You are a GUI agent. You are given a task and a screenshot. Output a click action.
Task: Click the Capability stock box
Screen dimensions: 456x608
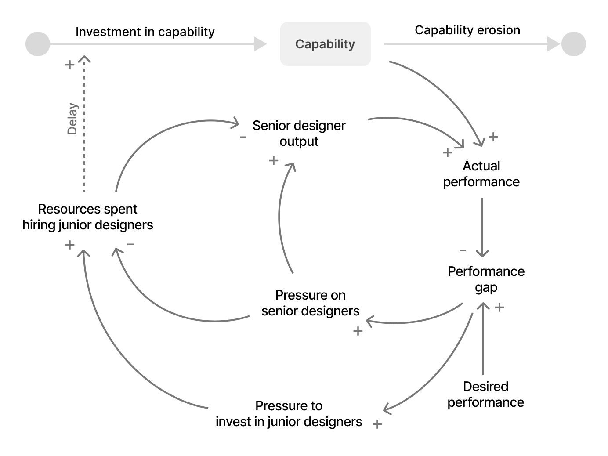(325, 44)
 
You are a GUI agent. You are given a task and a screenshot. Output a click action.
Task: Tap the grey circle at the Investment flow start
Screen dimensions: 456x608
(38, 44)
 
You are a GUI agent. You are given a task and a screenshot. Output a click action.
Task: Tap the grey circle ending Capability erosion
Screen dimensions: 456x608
(573, 44)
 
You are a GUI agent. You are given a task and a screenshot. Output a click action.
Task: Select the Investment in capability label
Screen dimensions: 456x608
(145, 32)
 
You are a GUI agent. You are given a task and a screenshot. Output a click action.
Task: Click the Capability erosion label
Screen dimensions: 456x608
(467, 30)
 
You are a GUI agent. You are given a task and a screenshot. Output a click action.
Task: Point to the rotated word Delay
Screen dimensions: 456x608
(72, 119)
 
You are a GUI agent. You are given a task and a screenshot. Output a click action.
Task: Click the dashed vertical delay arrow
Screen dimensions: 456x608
(84, 132)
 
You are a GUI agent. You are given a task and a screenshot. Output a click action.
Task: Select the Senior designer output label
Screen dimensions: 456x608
(299, 134)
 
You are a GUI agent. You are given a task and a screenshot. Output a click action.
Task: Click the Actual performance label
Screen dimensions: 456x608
(481, 174)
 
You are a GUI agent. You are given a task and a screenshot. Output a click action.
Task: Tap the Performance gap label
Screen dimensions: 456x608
(486, 279)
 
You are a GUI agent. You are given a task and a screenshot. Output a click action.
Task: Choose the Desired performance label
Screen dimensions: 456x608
(485, 394)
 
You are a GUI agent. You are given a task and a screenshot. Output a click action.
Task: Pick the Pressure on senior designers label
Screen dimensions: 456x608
(310, 303)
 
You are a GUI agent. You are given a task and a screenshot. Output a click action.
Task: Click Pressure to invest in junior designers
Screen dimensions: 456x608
(289, 414)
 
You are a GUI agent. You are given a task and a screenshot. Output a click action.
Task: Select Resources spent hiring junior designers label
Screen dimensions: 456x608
(88, 217)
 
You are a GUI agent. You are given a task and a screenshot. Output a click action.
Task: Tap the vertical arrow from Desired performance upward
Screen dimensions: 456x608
(483, 338)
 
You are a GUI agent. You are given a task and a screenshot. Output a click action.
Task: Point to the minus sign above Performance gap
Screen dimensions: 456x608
(463, 250)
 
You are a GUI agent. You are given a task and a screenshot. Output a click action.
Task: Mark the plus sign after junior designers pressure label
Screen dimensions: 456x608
(377, 424)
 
